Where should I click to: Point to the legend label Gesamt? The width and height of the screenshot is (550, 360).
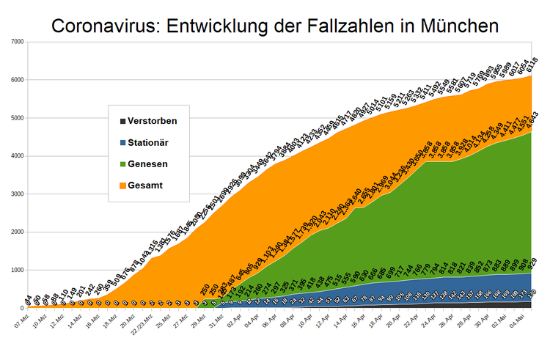(145, 185)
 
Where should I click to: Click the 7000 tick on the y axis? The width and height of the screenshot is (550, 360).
(16, 41)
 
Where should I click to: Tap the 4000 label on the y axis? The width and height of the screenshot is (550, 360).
(16, 155)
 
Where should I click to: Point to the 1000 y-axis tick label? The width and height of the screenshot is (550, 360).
(16, 270)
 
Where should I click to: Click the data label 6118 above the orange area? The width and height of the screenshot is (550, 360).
(529, 65)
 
